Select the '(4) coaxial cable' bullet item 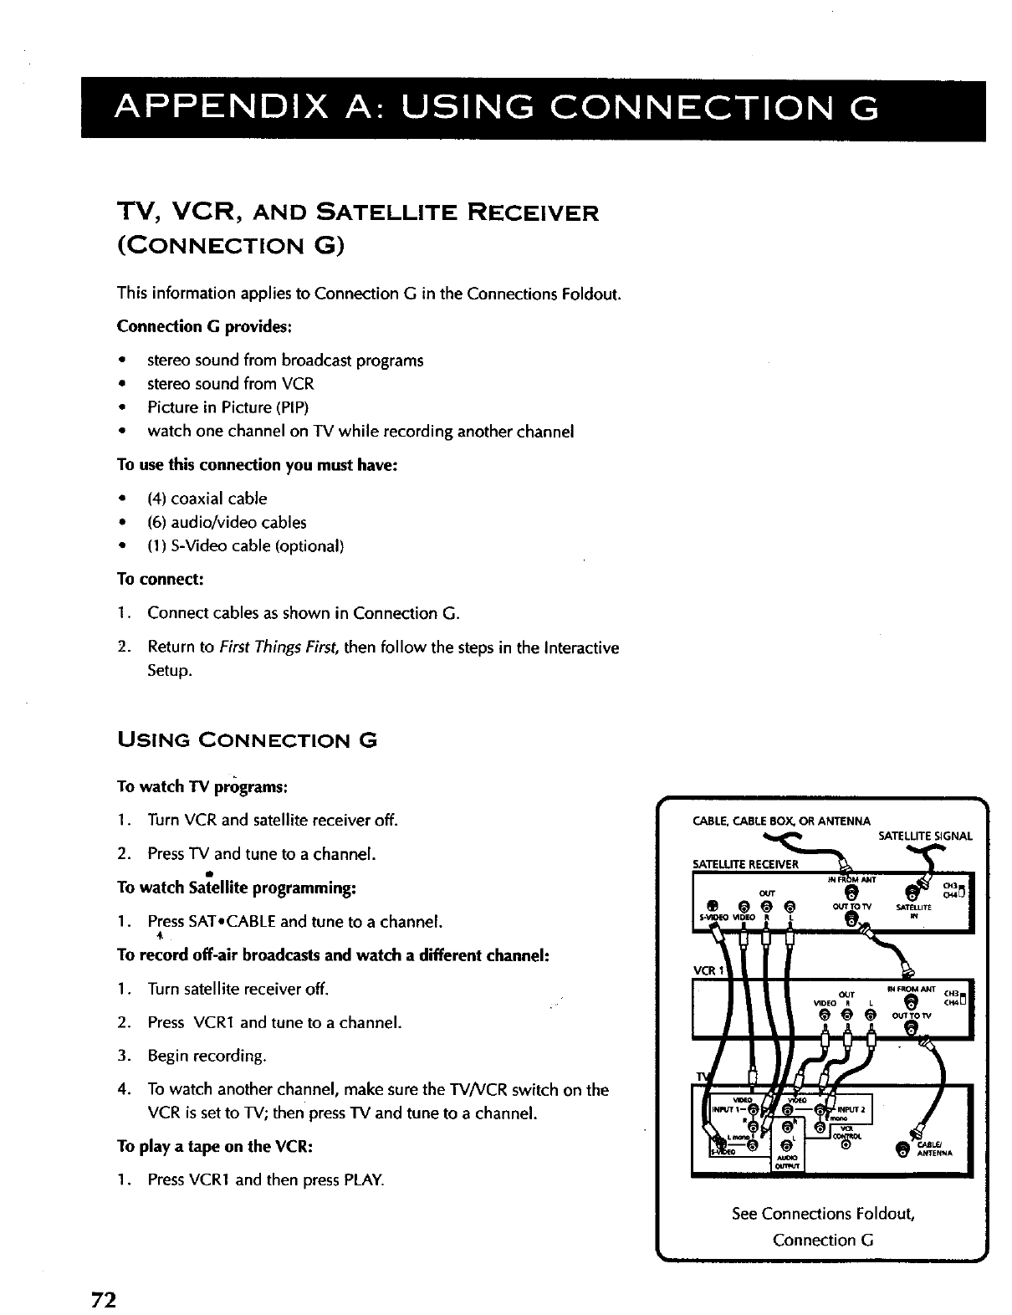(207, 499)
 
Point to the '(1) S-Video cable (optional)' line (245, 546)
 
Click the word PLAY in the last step (364, 1180)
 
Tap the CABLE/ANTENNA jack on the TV (901, 1152)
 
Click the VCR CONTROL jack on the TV (844, 1144)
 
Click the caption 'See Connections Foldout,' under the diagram (823, 1214)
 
